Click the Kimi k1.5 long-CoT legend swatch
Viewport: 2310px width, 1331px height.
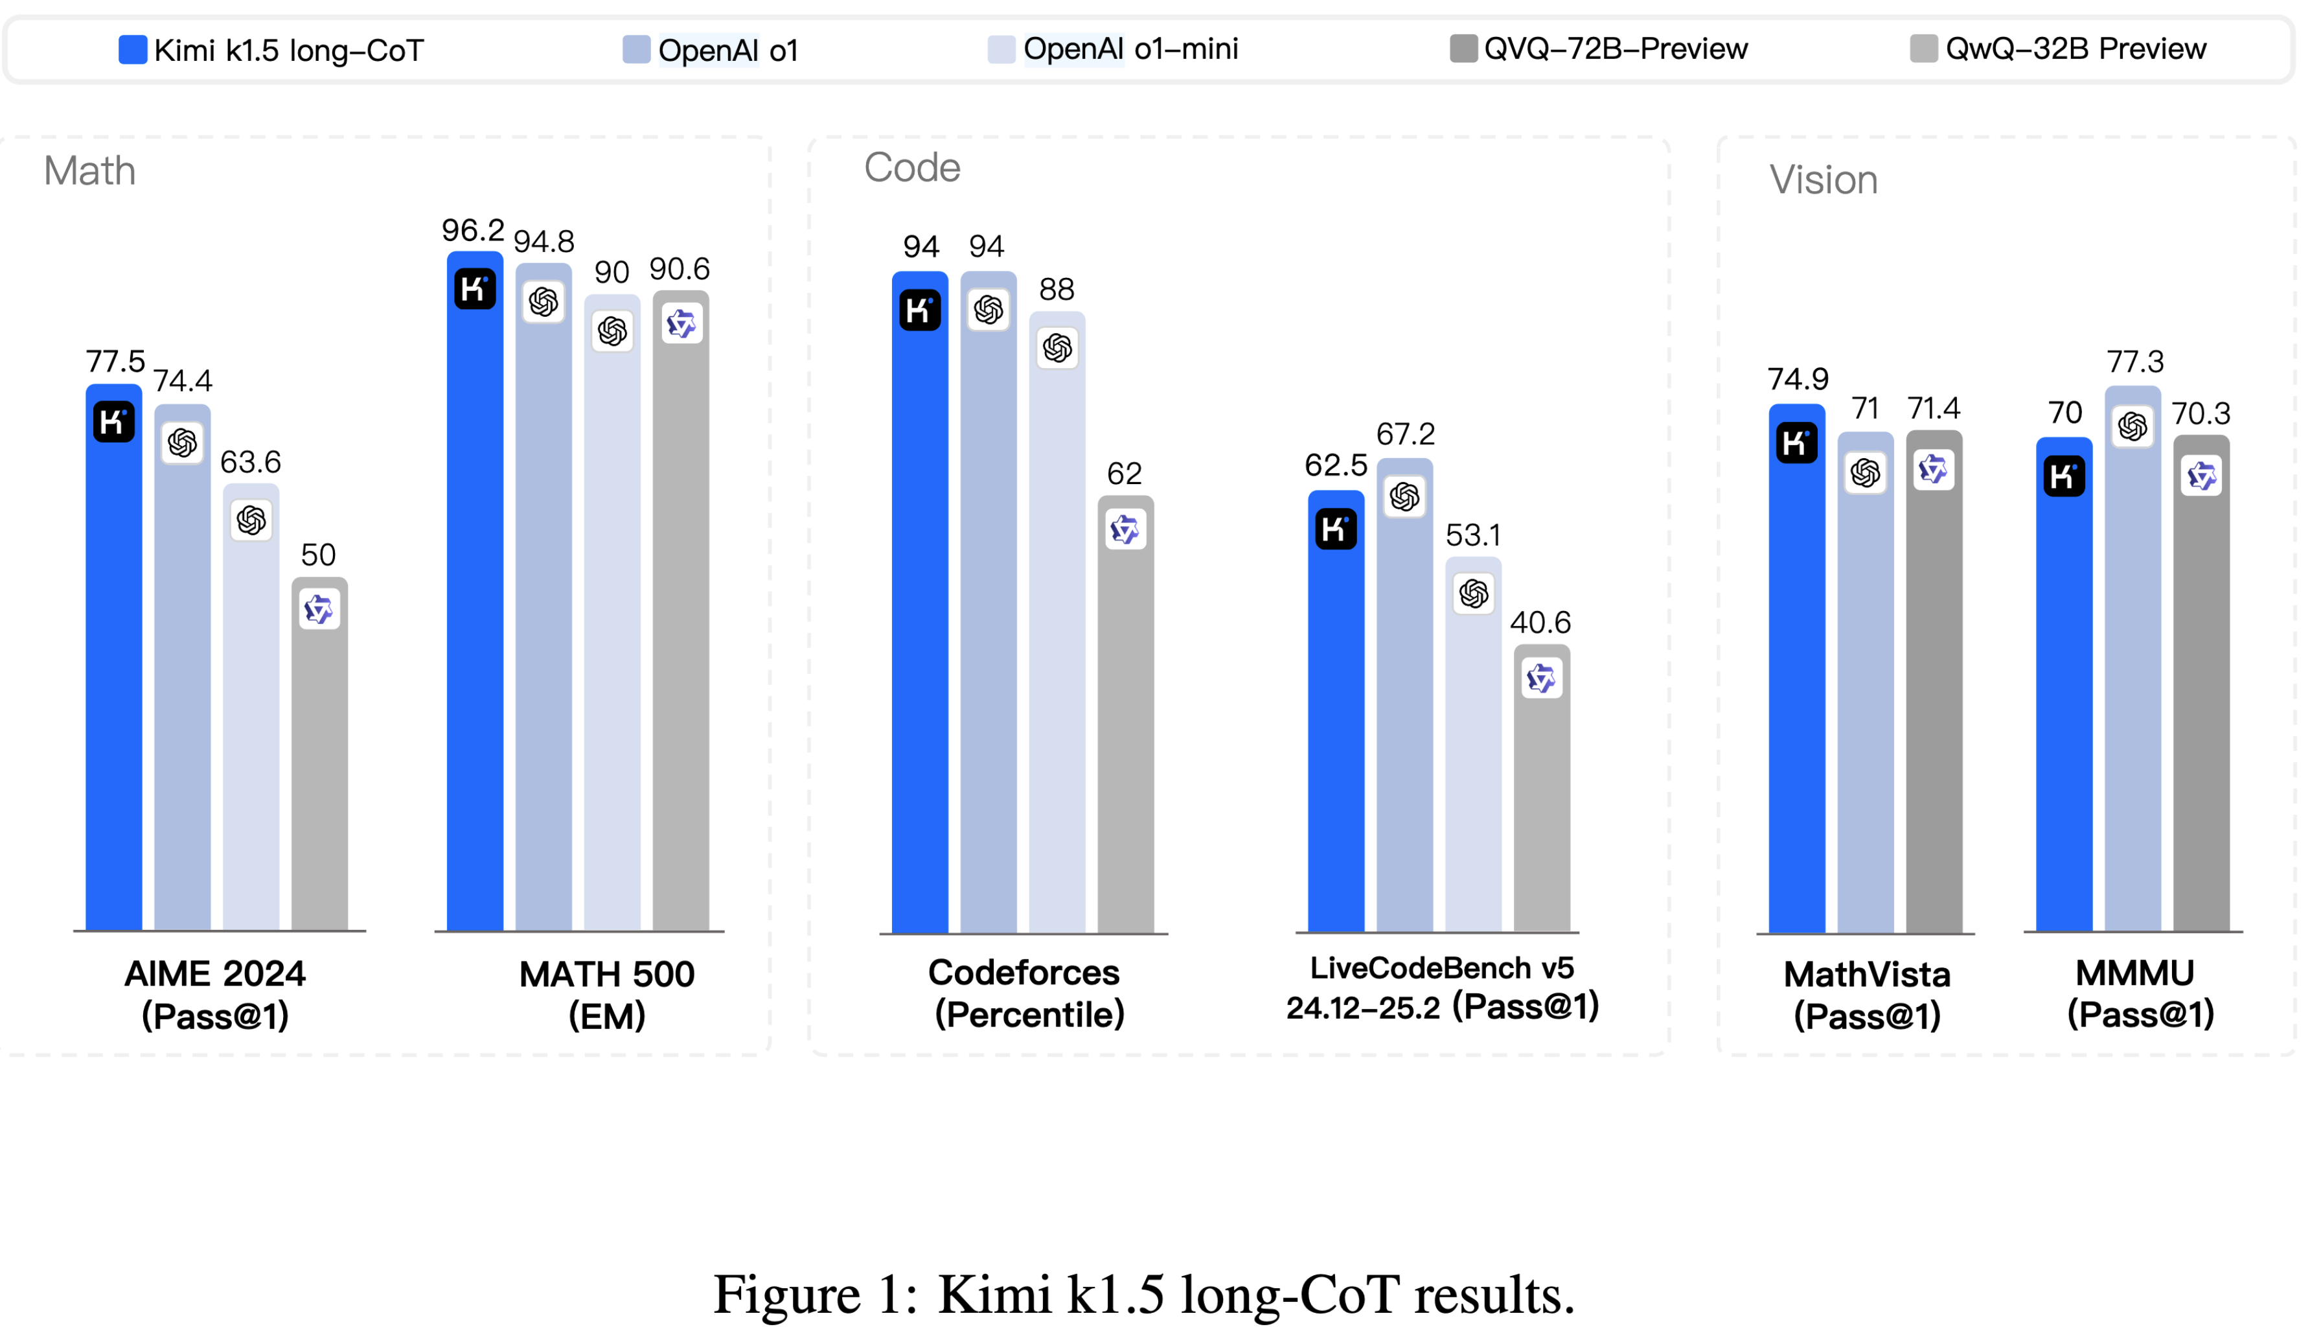[x=133, y=49]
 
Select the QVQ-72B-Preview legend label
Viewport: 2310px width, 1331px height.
[x=1615, y=49]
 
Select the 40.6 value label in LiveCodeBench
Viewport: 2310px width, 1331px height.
[x=1540, y=623]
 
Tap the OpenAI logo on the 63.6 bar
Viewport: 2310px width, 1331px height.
[x=251, y=520]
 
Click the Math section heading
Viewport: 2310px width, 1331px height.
[x=89, y=171]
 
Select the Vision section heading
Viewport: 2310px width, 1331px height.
[x=1823, y=180]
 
